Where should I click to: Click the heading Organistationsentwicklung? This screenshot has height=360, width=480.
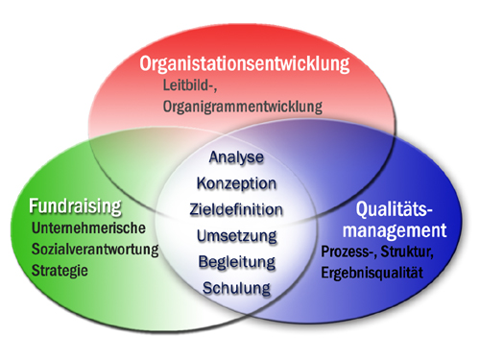pos(245,65)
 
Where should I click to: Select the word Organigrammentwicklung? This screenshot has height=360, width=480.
pos(241,107)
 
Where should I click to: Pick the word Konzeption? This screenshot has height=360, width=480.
pos(236,182)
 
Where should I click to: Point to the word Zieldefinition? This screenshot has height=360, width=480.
pos(236,208)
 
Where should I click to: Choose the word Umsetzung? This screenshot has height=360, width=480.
pos(236,235)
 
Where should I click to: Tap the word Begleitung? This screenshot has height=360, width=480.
pos(236,261)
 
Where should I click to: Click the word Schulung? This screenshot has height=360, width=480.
pos(236,287)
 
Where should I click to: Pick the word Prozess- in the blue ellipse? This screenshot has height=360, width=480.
pos(352,253)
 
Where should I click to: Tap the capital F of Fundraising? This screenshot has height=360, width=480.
pos(35,206)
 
